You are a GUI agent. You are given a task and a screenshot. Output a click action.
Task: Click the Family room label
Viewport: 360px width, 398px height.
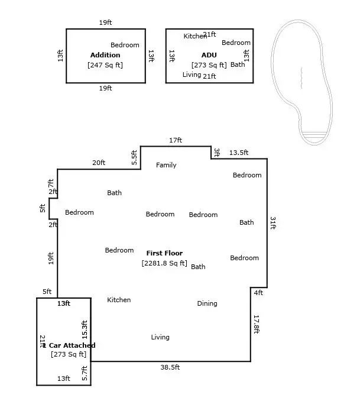(166, 165)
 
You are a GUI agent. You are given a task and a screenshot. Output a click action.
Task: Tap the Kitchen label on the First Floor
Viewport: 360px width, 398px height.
(119, 300)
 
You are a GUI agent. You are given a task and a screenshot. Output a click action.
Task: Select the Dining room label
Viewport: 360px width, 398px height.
(207, 303)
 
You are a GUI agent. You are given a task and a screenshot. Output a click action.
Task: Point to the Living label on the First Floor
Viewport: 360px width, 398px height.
(160, 337)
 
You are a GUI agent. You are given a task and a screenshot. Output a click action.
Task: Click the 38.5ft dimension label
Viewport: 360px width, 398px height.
(170, 367)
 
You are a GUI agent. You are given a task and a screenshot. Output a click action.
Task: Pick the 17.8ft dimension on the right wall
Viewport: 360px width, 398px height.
(257, 324)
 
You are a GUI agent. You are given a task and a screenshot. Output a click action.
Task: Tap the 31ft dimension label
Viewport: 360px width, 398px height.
(273, 223)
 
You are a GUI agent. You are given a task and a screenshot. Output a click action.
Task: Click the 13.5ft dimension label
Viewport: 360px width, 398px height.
(238, 153)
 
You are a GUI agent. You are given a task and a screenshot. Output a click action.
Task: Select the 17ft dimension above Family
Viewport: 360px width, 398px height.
(176, 140)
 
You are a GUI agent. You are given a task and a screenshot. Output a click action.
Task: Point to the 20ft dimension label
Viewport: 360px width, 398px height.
(99, 163)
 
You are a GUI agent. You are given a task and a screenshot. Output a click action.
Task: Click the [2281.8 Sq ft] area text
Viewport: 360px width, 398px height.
(164, 263)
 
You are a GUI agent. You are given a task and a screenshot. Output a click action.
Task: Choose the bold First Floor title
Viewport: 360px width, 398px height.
(164, 253)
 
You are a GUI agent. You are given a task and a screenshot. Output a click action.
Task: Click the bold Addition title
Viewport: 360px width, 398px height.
(105, 55)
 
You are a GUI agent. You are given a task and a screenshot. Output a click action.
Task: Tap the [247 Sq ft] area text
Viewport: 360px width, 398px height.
(105, 65)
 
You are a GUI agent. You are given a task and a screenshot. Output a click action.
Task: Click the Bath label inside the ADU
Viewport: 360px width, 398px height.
(238, 64)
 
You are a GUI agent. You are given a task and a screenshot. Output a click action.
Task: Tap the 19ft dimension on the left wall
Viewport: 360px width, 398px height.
(51, 258)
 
